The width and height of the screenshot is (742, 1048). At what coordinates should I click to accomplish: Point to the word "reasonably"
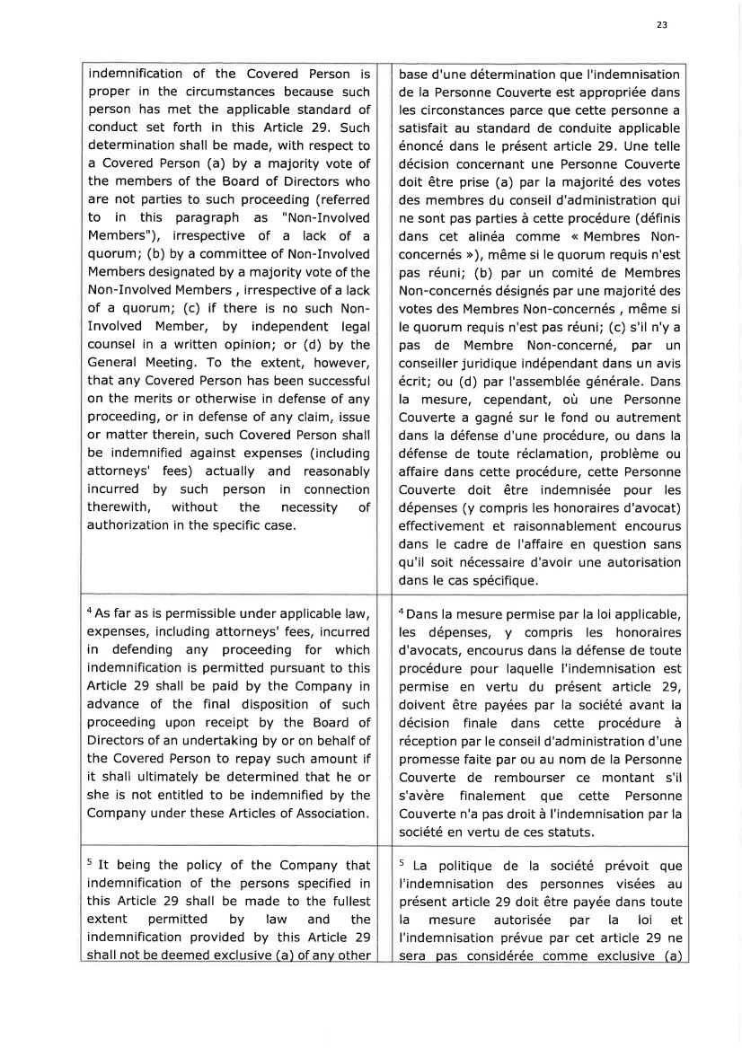tap(331, 471)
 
